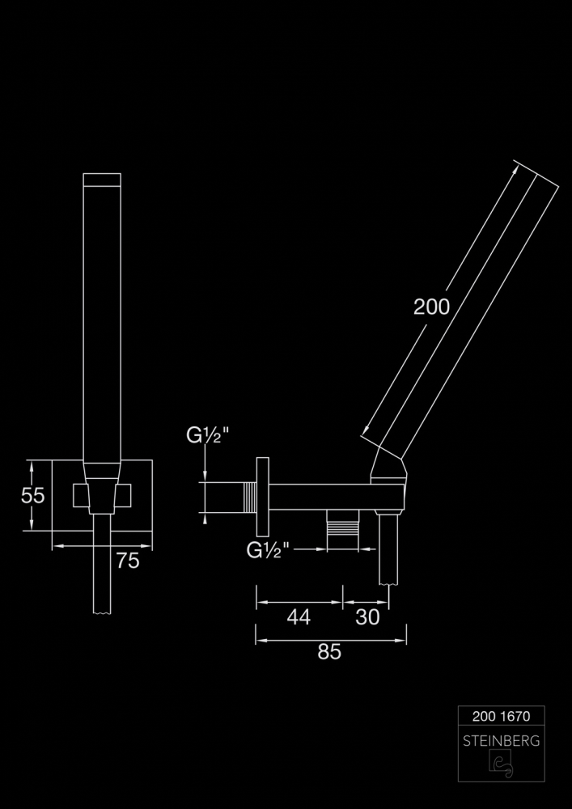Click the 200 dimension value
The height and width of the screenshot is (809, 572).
pos(432,307)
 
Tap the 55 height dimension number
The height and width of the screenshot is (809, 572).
pos(33,495)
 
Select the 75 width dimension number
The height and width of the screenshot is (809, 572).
pos(127,561)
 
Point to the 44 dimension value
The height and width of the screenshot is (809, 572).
pos(299,617)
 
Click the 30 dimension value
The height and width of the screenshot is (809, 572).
pos(367,617)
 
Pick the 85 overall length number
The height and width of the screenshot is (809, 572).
pos(329,652)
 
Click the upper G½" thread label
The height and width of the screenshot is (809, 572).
pos(207,436)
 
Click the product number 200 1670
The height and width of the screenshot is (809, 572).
pos(501,716)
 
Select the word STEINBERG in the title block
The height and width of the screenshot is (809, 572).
pos(501,741)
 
